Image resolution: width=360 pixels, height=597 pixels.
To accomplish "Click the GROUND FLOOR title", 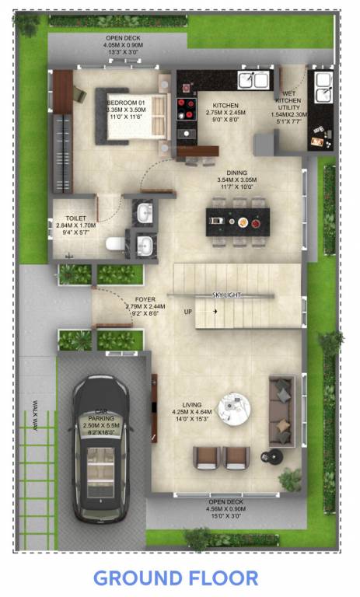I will pyautogui.click(x=176, y=578).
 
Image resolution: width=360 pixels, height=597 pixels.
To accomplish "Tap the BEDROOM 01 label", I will pyautogui.click(x=126, y=103).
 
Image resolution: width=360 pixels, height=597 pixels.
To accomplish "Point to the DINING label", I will pyautogui.click(x=236, y=173).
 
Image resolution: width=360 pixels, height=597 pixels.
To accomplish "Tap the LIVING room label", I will pyautogui.click(x=191, y=405).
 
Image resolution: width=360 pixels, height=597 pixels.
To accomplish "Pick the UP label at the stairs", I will pyautogui.click(x=188, y=312).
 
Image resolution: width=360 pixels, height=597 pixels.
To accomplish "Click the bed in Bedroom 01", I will pyautogui.click(x=136, y=117).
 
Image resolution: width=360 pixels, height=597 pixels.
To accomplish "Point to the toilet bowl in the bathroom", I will pyautogui.click(x=114, y=245).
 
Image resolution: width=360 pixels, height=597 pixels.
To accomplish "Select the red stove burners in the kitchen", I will pyautogui.click(x=187, y=105).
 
